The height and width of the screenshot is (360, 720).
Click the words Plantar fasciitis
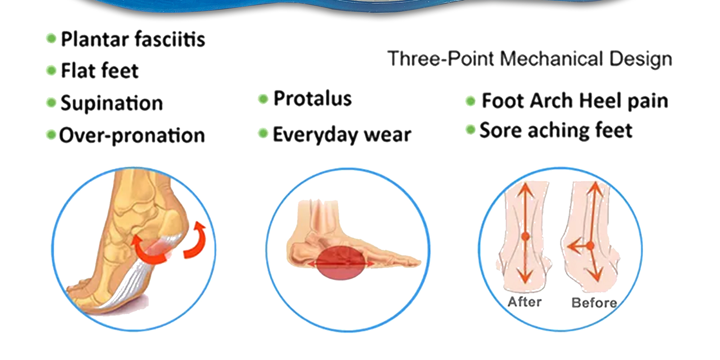[133, 39]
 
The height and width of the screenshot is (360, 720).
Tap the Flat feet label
[99, 71]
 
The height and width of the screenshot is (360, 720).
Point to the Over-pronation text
[132, 136]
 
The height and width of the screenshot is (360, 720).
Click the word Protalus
[312, 99]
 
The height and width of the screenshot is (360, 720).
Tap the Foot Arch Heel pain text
[575, 101]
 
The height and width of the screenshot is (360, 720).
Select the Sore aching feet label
[556, 130]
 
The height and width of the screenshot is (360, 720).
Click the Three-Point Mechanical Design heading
[530, 59]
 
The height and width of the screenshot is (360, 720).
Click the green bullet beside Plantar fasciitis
[51, 38]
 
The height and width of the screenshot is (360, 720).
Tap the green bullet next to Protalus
[263, 99]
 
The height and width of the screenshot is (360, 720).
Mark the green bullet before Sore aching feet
[470, 129]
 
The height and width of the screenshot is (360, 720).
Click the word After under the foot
[525, 302]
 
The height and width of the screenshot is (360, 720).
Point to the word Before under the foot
[594, 303]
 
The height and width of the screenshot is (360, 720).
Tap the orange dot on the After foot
[525, 237]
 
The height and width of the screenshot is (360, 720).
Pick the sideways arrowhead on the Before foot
[572, 247]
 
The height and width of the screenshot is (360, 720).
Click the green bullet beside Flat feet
[51, 70]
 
